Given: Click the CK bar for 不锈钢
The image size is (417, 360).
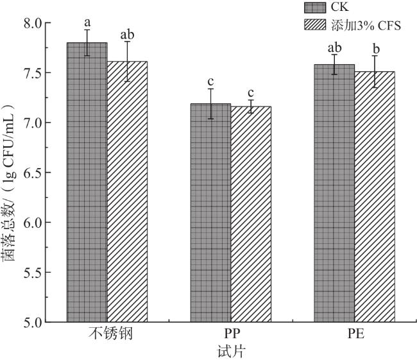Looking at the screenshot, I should (87, 182).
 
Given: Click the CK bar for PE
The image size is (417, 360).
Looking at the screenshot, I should (334, 193).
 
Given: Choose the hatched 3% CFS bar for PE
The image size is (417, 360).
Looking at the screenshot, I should (375, 196).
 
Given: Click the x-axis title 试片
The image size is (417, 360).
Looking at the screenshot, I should (230, 352).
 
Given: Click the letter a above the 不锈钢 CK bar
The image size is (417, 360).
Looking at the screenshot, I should (87, 21).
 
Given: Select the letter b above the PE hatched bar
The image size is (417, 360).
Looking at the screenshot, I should (375, 49).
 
